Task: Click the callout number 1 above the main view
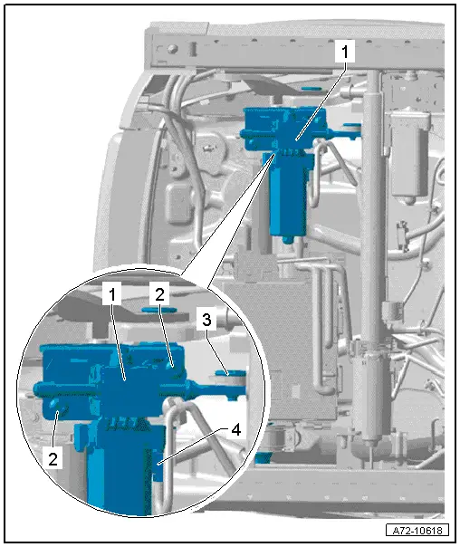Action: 345,52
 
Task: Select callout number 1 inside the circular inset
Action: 112,294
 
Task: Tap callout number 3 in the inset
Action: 206,319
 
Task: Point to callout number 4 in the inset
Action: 236,430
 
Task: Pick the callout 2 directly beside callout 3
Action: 159,294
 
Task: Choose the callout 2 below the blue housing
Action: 53,459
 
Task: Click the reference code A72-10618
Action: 417,531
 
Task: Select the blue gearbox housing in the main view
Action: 284,129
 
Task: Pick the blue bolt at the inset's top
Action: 159,310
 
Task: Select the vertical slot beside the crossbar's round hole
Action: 193,49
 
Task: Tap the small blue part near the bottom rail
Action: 263,457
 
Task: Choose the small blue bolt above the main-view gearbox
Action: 311,89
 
